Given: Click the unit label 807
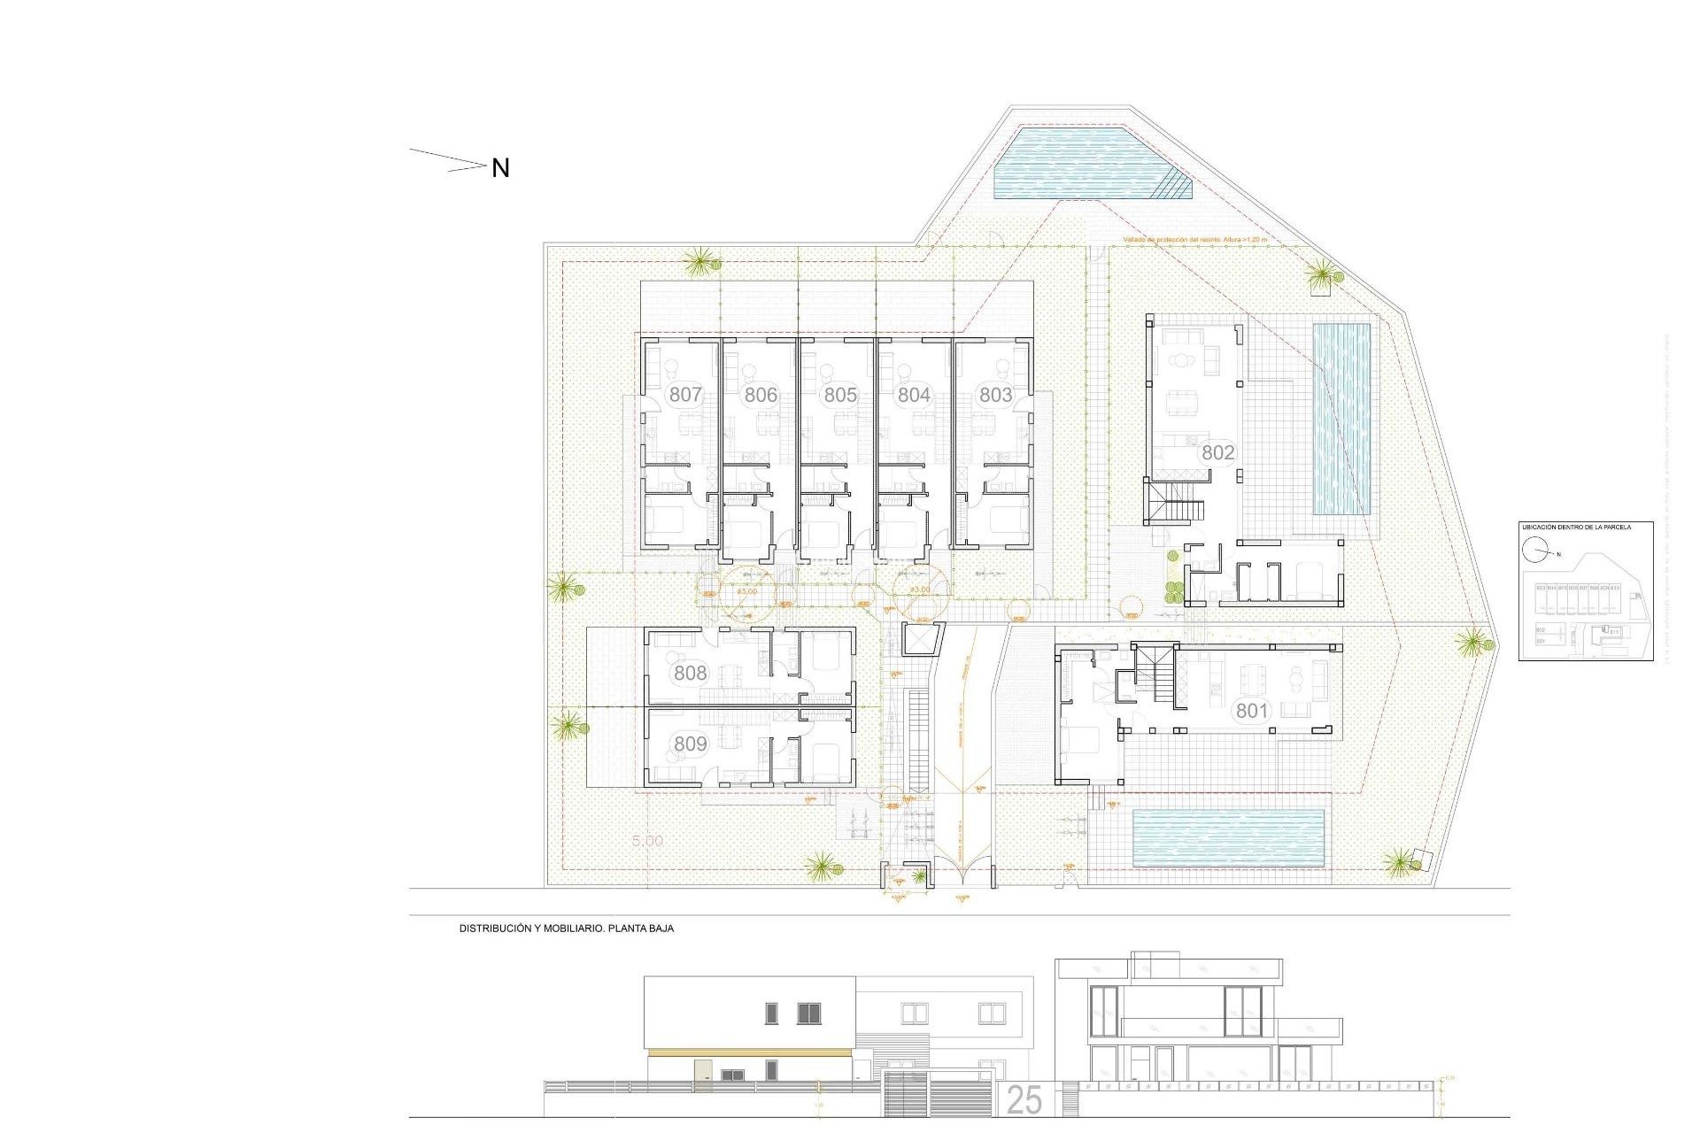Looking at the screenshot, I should [x=685, y=395].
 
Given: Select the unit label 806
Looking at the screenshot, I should [x=761, y=395].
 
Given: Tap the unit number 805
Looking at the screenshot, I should [x=840, y=395].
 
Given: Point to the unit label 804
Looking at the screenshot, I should [x=914, y=395].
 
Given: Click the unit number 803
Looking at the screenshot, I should [x=995, y=395].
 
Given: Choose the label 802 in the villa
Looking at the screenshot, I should [x=1217, y=452].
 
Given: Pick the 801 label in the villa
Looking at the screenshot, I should [x=1252, y=710].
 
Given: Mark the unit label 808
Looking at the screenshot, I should [x=690, y=673].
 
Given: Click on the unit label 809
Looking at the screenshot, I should [x=690, y=744].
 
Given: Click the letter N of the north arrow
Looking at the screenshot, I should [x=500, y=168].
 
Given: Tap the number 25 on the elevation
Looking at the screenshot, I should [x=1024, y=1100].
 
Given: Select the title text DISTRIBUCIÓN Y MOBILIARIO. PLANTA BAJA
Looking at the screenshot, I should [x=566, y=929].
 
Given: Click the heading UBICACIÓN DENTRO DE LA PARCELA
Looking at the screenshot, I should [x=1576, y=528].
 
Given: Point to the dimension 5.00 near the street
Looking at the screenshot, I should [x=647, y=841].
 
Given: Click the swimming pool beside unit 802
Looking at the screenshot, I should [x=1341, y=419].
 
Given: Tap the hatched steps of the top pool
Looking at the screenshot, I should [x=1174, y=185].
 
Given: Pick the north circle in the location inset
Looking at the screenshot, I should [x=1534, y=550].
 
